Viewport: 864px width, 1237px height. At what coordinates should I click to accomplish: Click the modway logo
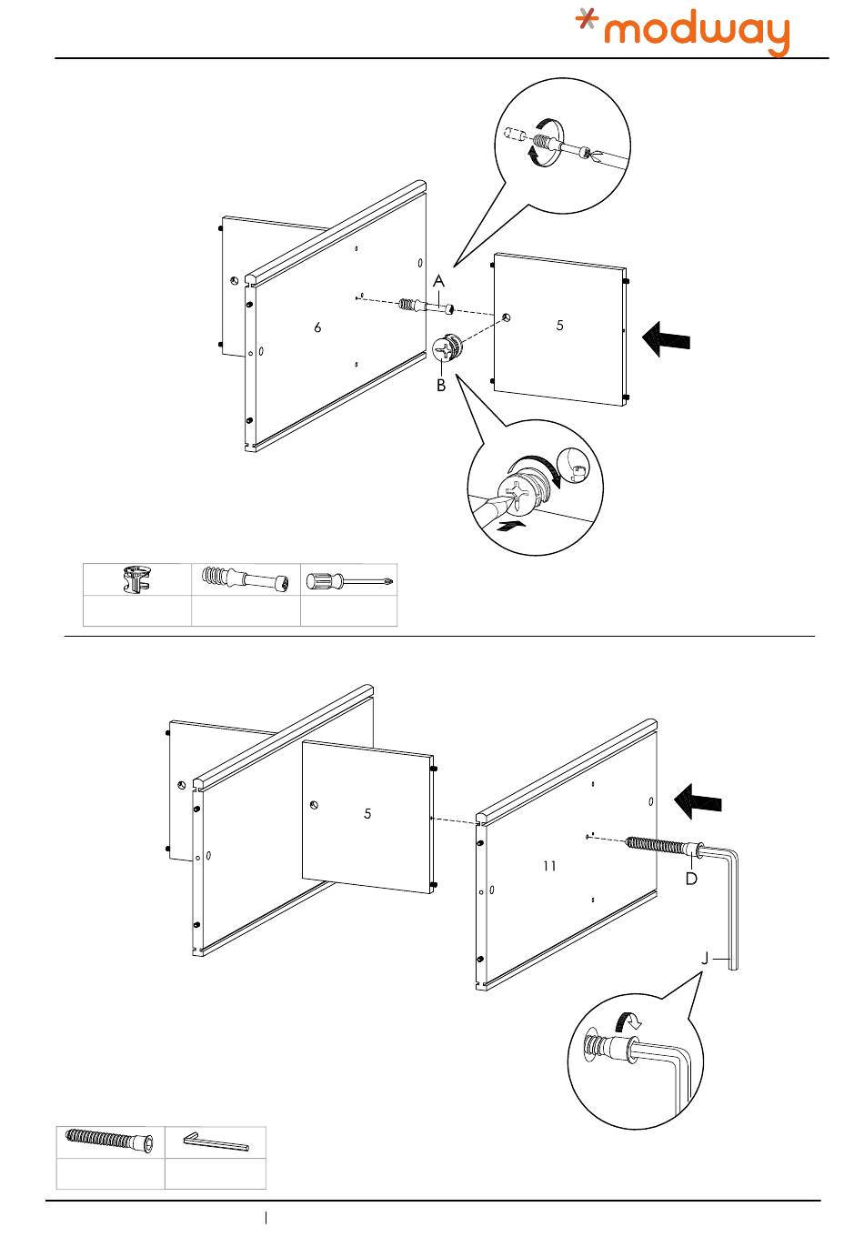coord(684,33)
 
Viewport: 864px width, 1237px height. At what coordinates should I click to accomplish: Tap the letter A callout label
coord(438,282)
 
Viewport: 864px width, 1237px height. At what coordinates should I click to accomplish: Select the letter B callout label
coord(440,386)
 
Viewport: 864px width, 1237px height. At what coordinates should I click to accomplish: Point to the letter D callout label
coord(691,880)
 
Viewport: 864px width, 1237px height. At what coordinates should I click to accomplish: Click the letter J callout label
coord(705,959)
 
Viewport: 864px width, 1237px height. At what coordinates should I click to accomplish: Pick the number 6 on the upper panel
coord(317,327)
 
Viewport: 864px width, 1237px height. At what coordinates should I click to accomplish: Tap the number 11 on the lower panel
coord(549,866)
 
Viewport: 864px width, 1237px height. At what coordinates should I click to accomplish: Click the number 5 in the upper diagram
coord(560,325)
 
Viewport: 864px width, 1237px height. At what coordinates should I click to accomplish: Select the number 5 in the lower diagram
coord(367,813)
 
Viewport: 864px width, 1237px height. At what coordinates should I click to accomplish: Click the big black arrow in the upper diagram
coord(666,341)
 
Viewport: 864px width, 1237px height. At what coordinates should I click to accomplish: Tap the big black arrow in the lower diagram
coord(698,801)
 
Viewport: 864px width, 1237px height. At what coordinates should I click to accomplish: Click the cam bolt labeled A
coord(424,307)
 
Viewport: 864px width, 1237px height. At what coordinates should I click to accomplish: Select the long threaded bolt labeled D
coord(664,847)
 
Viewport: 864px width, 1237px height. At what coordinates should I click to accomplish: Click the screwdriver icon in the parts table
coord(349,580)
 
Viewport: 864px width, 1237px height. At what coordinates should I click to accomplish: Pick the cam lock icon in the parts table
coord(136,580)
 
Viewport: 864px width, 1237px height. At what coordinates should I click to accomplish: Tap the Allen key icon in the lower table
coord(216,1141)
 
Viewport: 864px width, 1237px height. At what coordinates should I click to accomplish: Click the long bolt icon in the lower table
coord(110,1141)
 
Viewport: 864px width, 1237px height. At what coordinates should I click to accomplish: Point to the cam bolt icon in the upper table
coord(246,580)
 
